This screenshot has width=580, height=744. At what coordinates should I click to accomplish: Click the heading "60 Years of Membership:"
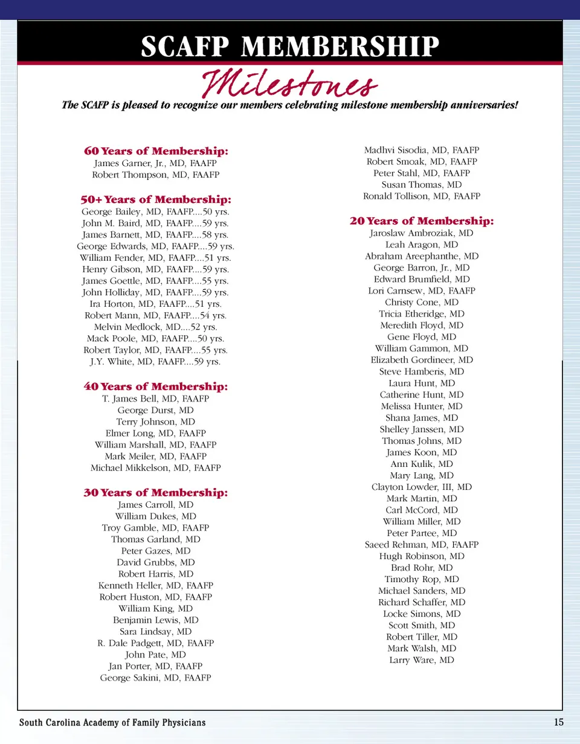[156, 151]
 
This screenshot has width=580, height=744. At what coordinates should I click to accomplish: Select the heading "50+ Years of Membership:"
[156, 199]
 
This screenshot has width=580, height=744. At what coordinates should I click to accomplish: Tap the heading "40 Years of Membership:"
[156, 386]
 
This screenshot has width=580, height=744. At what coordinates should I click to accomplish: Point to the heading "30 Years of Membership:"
[156, 493]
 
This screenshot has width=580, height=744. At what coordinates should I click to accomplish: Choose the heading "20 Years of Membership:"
[422, 221]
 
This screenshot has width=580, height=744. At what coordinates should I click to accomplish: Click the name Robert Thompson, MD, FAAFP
[156, 175]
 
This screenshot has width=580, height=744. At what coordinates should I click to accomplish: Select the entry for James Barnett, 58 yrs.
[156, 234]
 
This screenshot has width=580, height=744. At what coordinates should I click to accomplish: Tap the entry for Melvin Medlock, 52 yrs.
[156, 327]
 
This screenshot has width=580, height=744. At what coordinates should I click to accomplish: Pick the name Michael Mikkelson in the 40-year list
[156, 467]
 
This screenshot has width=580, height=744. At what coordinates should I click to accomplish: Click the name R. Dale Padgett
[156, 643]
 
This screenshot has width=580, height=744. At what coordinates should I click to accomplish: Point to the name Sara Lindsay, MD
[156, 632]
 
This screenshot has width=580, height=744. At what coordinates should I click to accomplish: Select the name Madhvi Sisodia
[422, 150]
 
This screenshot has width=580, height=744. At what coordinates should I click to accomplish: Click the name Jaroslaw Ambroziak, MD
[422, 233]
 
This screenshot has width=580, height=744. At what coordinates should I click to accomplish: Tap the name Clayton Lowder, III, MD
[422, 487]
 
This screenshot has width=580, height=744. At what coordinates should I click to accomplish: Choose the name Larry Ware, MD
[422, 660]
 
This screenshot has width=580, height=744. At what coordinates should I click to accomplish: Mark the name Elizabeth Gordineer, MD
[422, 360]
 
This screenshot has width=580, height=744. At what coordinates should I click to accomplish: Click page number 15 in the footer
[558, 722]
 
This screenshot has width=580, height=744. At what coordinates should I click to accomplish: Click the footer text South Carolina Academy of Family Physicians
[112, 723]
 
